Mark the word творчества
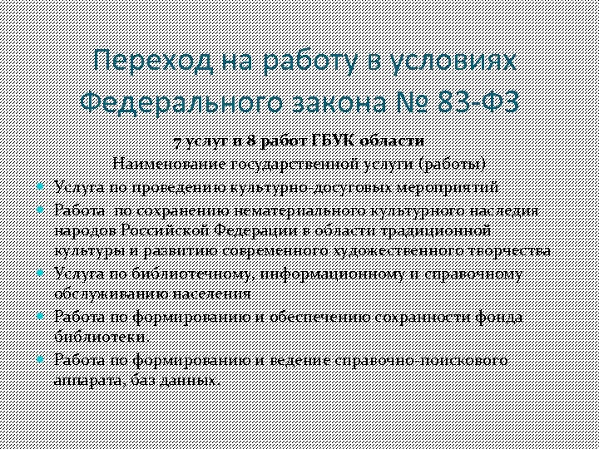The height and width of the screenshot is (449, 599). (508, 251)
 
